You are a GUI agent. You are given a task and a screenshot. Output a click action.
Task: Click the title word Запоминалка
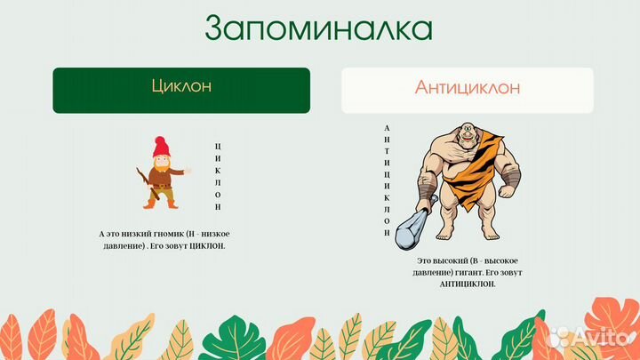pyautogui.click(x=319, y=28)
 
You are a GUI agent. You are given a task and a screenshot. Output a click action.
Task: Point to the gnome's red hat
pyautogui.click(x=160, y=147)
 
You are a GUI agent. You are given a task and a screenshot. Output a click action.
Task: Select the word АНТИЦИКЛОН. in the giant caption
pyautogui.click(x=468, y=284)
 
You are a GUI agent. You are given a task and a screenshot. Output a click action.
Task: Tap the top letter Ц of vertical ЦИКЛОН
pyautogui.click(x=218, y=144)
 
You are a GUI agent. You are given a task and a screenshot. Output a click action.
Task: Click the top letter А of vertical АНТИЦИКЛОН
pyautogui.click(x=387, y=128)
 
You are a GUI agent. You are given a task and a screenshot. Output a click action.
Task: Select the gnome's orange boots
pyautogui.click(x=160, y=204)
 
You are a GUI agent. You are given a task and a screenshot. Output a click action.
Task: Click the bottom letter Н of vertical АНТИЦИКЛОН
pyautogui.click(x=387, y=233)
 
